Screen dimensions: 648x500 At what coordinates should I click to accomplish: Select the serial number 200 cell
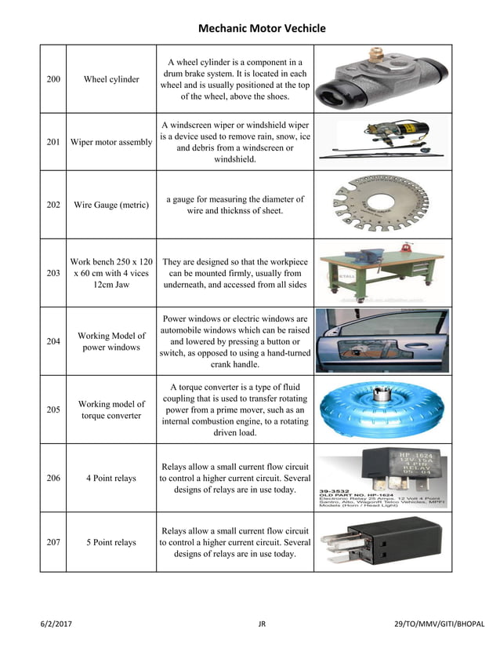[x=53, y=79]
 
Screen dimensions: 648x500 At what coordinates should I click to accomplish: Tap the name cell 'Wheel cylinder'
[x=111, y=79]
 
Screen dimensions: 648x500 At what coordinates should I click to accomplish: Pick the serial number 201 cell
[x=53, y=142]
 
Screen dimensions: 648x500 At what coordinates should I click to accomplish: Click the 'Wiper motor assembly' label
[x=111, y=142]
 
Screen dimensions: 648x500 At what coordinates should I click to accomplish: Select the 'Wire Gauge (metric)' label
[x=111, y=205]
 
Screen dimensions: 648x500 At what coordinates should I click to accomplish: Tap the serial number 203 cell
[x=53, y=273]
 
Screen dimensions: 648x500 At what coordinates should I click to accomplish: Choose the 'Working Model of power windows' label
[x=111, y=341]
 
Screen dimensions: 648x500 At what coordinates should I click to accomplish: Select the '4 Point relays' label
[x=111, y=478]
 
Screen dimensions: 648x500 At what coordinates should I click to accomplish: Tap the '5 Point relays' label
[x=111, y=542]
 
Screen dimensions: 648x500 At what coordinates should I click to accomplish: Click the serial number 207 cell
[x=53, y=542]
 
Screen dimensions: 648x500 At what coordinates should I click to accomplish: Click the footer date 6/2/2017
[x=56, y=624]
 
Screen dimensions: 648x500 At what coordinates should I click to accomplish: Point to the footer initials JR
[x=262, y=624]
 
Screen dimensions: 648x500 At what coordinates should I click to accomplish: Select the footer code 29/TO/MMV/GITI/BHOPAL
[x=439, y=624]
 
